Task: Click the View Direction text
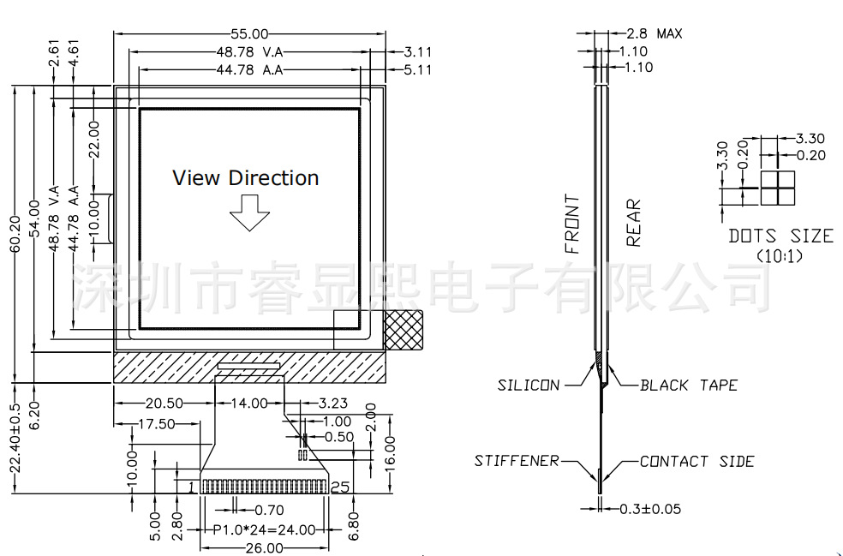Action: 246,178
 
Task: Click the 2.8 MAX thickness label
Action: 655,34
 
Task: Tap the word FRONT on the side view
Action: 572,224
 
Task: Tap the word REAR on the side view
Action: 633,223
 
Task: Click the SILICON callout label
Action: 529,386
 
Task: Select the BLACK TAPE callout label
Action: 689,386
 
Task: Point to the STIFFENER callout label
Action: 517,462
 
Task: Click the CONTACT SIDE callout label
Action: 697,462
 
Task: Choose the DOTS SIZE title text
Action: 780,236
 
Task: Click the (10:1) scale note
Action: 780,255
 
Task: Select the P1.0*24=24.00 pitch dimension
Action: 264,529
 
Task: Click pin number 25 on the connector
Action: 339,487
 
